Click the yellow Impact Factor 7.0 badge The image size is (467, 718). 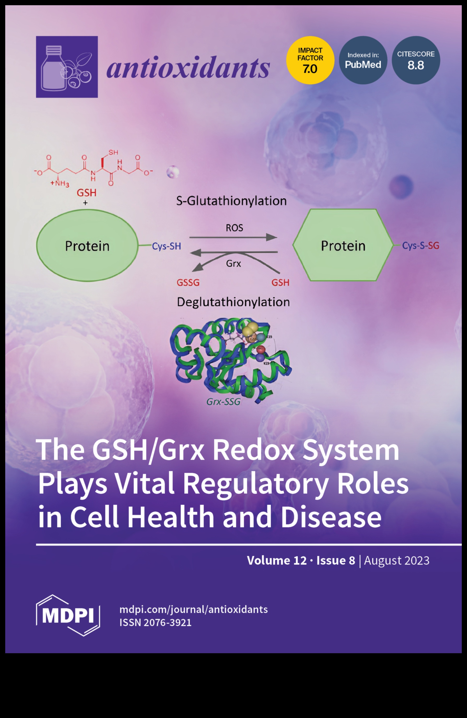pyautogui.click(x=310, y=60)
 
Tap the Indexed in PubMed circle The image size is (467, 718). pyautogui.click(x=363, y=60)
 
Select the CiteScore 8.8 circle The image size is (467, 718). pyautogui.click(x=416, y=60)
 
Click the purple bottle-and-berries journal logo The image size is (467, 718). pyautogui.click(x=67, y=67)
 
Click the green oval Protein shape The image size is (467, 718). pyautogui.click(x=87, y=246)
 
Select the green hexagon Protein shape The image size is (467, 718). pyautogui.click(x=343, y=245)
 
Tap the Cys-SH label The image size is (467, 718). pyautogui.click(x=166, y=246)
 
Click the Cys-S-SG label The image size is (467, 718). pyautogui.click(x=421, y=246)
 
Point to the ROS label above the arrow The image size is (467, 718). pyautogui.click(x=234, y=228)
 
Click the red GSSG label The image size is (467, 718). pyautogui.click(x=188, y=283)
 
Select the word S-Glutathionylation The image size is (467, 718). pyautogui.click(x=231, y=201)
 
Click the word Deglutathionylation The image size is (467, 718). pyautogui.click(x=233, y=302)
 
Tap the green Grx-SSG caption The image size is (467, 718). pyautogui.click(x=223, y=402)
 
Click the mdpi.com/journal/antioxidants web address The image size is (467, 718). pyautogui.click(x=194, y=609)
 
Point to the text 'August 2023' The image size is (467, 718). pyautogui.click(x=397, y=560)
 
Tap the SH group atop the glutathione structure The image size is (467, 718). pyautogui.click(x=113, y=152)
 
